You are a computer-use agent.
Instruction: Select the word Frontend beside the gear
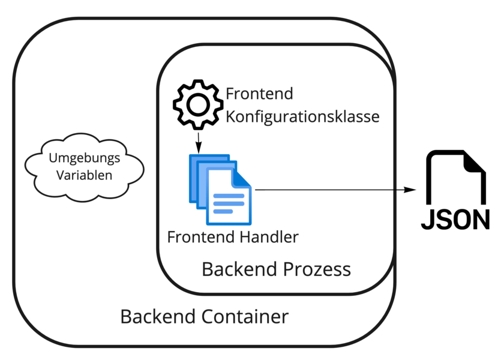coord(259,94)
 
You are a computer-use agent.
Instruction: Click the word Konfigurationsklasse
coord(302,116)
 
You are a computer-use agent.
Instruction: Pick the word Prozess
coord(319,269)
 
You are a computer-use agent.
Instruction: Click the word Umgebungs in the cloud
coord(84,158)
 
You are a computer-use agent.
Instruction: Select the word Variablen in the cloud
coord(84,175)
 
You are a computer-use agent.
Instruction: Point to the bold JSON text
coord(455,220)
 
